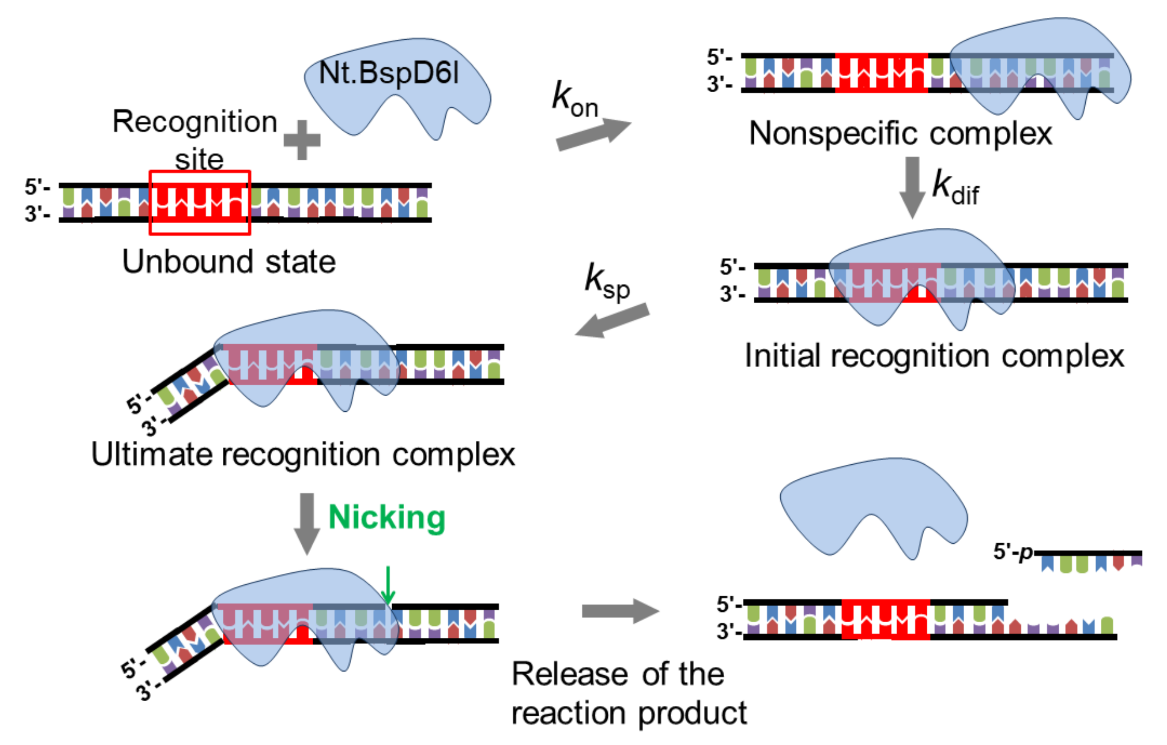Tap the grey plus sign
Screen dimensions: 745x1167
[x=302, y=140]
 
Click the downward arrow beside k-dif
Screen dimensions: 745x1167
[x=912, y=187]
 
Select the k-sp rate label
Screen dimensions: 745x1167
[x=607, y=283]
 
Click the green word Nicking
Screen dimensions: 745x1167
[x=387, y=517]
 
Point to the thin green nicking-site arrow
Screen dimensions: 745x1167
[x=388, y=585]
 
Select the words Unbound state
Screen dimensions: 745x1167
[x=229, y=262]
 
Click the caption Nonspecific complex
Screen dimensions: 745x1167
[x=900, y=133]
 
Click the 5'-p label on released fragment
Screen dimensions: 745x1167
[x=1013, y=552]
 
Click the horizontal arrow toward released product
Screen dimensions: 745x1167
[x=620, y=611]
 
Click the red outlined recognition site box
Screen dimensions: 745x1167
[x=200, y=203]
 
